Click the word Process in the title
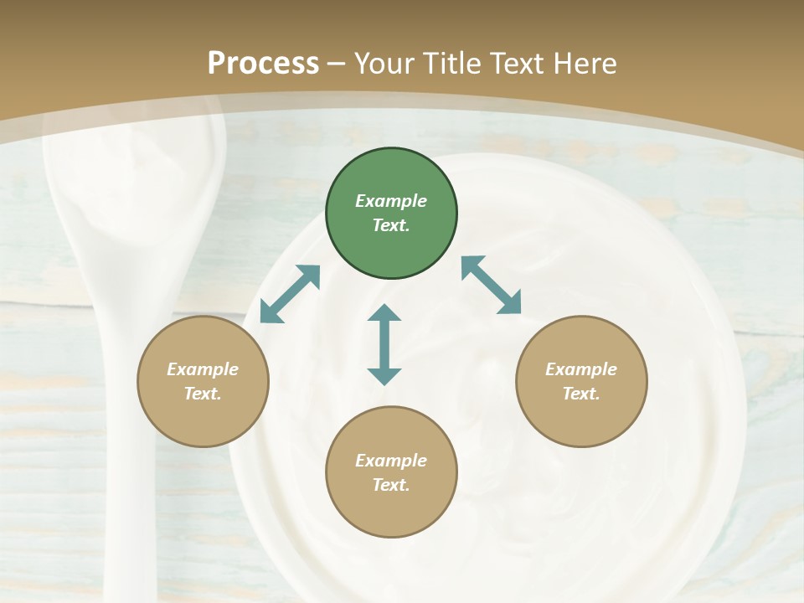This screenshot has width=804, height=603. point(263,64)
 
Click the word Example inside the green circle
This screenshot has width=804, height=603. point(391,201)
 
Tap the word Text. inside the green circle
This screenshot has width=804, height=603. point(391,225)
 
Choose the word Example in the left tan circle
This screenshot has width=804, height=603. point(203,369)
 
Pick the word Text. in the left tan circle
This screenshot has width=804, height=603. point(203,394)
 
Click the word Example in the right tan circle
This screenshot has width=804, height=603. point(581,369)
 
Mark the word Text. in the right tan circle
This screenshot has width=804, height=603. point(581,394)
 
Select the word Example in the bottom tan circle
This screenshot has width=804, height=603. point(391,461)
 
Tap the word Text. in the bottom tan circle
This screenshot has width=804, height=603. point(391,485)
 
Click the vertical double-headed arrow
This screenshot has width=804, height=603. point(384,344)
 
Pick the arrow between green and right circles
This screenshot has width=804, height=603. point(492,285)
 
